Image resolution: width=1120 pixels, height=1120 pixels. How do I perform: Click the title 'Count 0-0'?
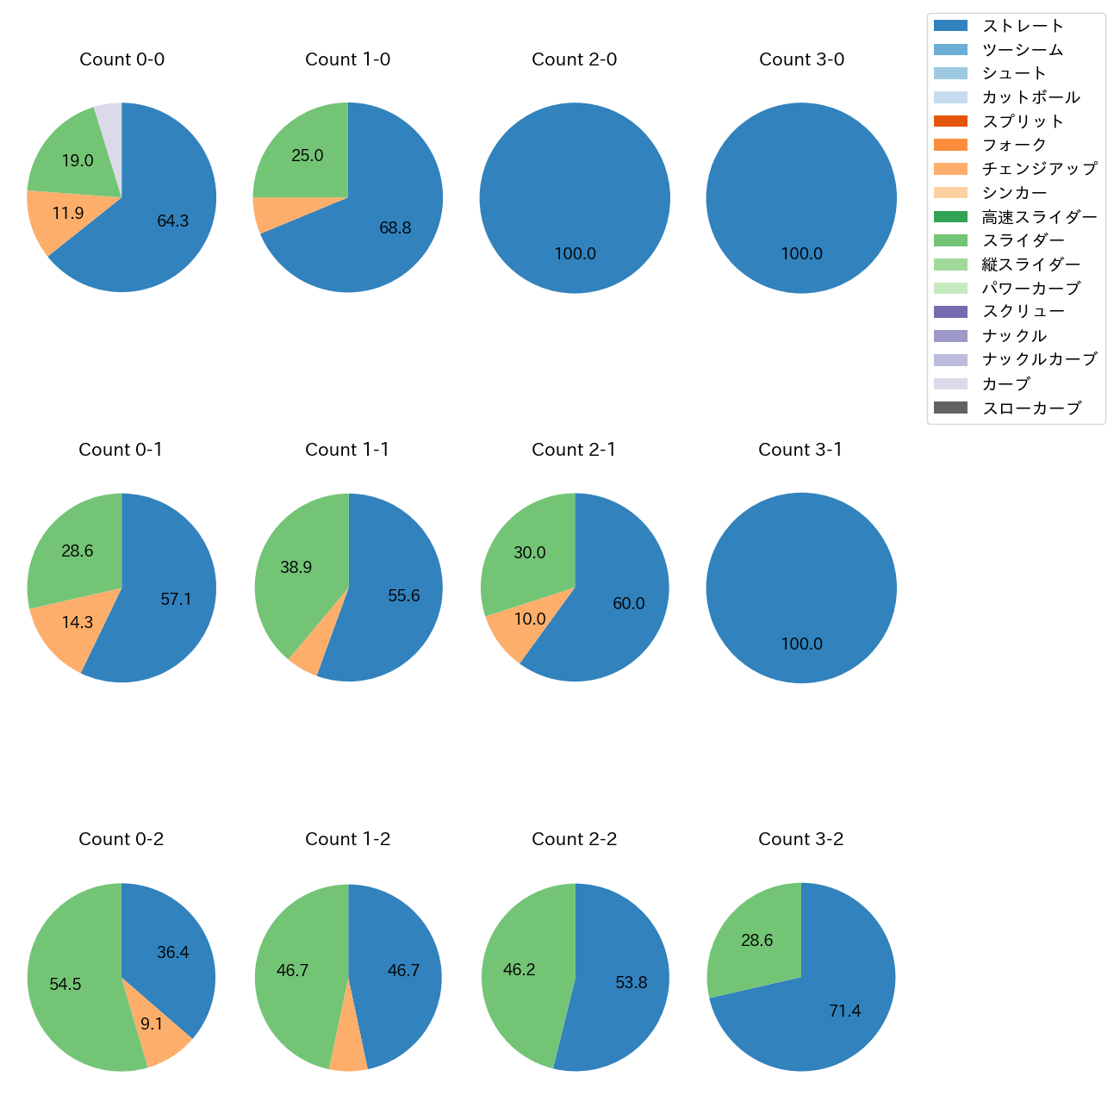click(x=121, y=59)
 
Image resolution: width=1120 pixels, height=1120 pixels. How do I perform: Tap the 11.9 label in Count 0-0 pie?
click(x=68, y=213)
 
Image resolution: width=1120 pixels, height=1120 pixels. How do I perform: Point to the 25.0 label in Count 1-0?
click(x=308, y=156)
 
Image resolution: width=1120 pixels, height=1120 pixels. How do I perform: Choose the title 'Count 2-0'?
click(x=574, y=59)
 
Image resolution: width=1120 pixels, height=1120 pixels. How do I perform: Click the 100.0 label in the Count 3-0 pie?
click(x=801, y=254)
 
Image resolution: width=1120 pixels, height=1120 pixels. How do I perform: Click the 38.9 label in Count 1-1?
click(x=296, y=568)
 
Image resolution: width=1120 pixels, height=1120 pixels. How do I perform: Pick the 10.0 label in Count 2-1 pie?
click(x=530, y=619)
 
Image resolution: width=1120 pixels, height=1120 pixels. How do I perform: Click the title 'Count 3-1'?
click(x=800, y=450)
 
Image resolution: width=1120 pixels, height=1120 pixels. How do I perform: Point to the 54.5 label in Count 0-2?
click(x=65, y=984)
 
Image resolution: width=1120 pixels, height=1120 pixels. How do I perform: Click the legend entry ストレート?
click(x=1023, y=26)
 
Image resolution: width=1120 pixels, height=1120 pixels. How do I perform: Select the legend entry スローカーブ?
click(x=1031, y=408)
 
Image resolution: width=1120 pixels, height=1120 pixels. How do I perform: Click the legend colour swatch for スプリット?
click(x=950, y=121)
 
